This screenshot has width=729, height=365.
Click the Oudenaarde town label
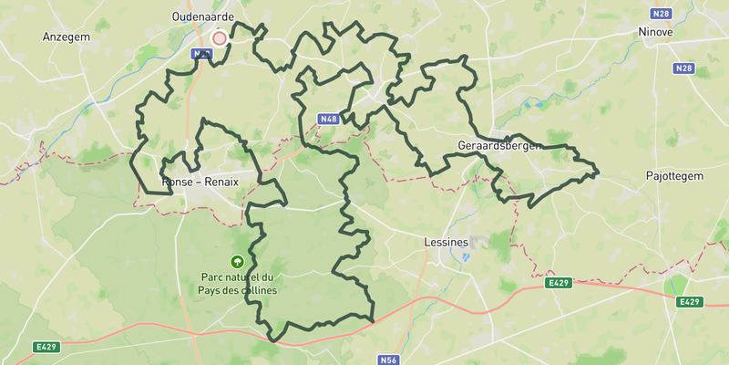point(203,16)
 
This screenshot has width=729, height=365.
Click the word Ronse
point(179,182)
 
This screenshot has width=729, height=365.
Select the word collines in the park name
point(258,290)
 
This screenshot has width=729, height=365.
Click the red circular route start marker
point(219,38)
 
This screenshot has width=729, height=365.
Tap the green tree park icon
point(238,262)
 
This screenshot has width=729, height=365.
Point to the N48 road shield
point(329,119)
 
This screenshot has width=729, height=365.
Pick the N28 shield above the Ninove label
point(661,14)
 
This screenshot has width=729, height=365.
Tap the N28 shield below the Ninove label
point(684,68)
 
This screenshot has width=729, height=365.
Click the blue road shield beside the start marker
point(201,55)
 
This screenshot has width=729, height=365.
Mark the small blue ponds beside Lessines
point(464,256)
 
